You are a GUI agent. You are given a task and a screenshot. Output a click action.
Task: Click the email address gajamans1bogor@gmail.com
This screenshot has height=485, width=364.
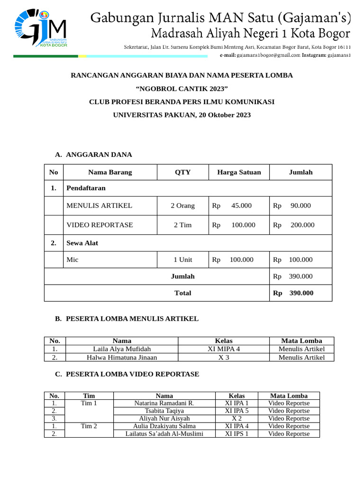262,55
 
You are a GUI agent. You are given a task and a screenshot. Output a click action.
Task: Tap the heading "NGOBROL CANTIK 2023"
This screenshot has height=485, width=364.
182,89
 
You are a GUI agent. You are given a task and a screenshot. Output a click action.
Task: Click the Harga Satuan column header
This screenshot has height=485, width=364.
239,172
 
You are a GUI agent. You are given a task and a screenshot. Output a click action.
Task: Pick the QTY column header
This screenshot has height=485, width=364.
182,172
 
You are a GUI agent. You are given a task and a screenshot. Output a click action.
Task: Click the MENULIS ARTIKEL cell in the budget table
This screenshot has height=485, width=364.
100,206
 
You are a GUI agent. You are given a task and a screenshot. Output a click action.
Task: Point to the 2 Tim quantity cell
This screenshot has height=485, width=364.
182,225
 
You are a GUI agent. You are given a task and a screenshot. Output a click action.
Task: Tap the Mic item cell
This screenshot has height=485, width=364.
73,260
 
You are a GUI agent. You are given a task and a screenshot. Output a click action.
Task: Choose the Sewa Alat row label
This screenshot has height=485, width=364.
79,243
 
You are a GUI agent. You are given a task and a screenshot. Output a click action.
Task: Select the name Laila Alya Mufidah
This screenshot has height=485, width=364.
122,349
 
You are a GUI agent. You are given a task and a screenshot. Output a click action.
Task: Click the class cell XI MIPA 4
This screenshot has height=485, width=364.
224,349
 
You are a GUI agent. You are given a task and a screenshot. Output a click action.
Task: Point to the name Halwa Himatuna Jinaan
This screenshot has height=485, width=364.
122,357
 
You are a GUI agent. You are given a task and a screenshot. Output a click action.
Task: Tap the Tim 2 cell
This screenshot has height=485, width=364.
89,426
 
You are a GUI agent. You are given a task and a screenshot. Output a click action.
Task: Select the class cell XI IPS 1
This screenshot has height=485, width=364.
237,433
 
